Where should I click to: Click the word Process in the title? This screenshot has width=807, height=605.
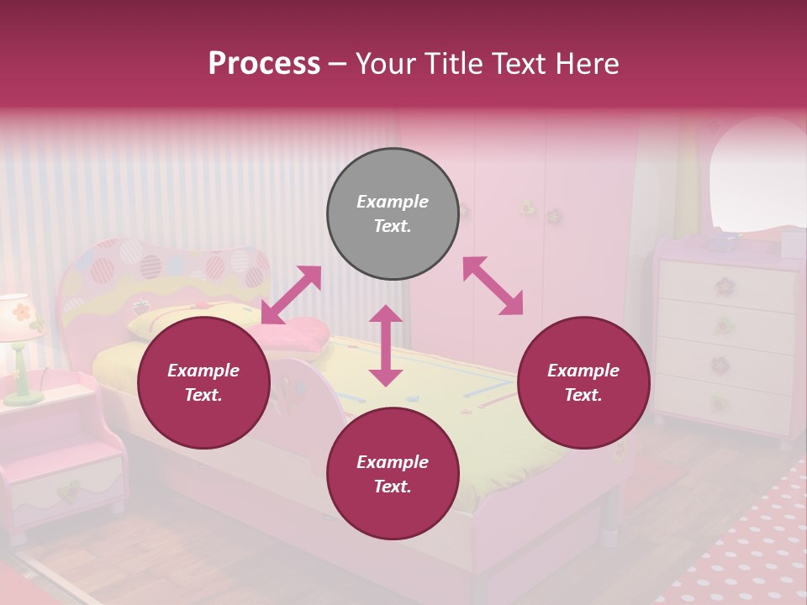pos(264,64)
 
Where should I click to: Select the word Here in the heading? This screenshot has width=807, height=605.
pos(585,64)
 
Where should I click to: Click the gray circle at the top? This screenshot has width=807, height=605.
pos(393,213)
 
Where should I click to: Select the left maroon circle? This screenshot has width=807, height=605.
pos(203,382)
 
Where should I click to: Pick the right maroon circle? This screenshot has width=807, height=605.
pos(583,382)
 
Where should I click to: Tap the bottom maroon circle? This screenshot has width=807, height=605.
pos(393,474)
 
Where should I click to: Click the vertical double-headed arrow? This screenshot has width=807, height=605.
pos(386,345)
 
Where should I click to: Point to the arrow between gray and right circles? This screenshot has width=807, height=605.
pos(493,286)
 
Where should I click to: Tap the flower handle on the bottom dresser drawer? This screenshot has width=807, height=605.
pos(719,402)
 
